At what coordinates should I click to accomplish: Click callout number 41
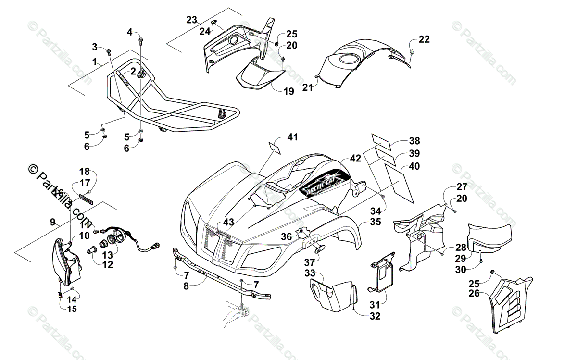[292, 137]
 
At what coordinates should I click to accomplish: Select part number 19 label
[288, 91]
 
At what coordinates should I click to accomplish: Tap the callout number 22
[424, 39]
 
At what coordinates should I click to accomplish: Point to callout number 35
[376, 223]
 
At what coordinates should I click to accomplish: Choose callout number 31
[375, 304]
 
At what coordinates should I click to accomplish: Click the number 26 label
[474, 293]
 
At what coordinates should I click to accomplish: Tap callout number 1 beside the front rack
[94, 62]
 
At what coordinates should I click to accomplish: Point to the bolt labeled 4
[140, 41]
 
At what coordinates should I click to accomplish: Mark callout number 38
[414, 141]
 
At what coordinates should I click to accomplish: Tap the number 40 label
[414, 166]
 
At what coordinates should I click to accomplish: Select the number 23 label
[192, 20]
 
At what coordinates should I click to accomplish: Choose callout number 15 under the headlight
[72, 309]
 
